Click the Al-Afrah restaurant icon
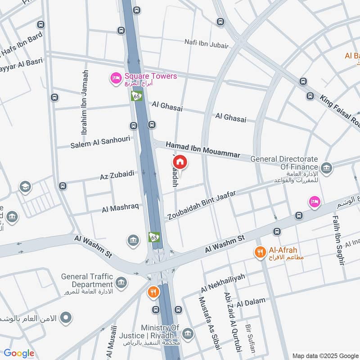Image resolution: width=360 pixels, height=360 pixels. coord(260,252)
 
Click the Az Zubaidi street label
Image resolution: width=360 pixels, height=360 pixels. coord(117,175)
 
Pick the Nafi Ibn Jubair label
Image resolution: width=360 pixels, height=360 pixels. coord(207,44)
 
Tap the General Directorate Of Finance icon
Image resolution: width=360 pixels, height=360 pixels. coord(327,168)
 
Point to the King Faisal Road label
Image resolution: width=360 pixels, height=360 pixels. coord(340,110)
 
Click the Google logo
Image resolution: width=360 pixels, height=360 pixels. coord(19,353)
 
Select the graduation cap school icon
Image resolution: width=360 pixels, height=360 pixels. coord(25,187)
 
